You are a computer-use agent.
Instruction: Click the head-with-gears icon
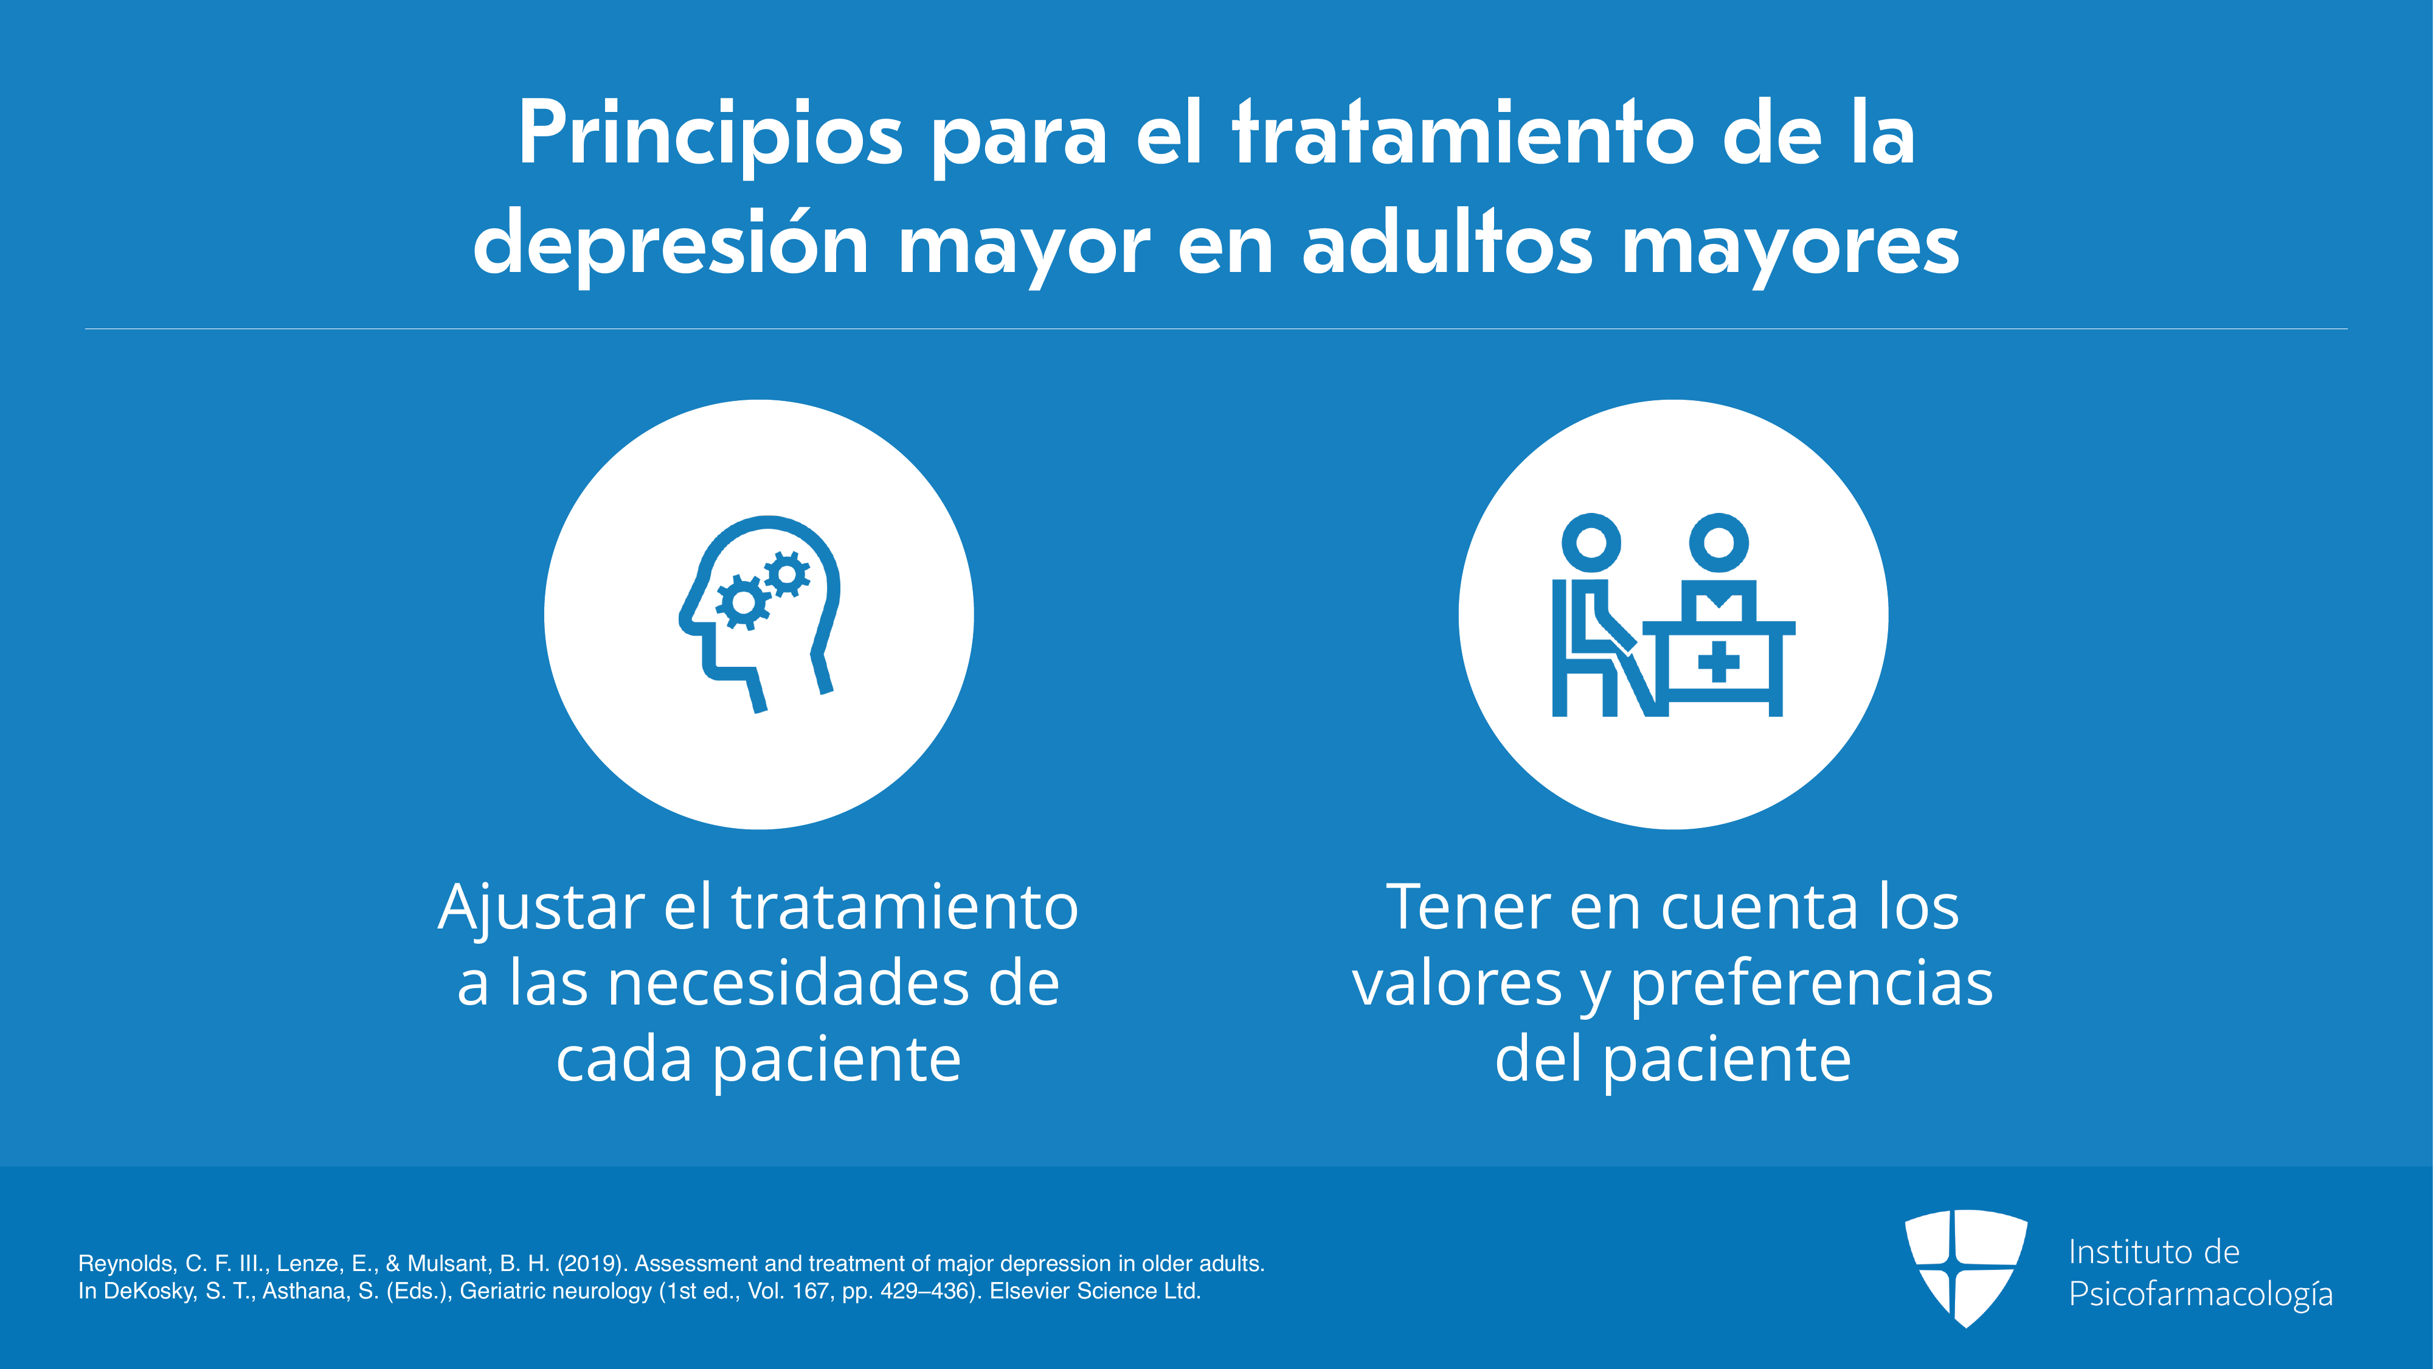click(x=760, y=613)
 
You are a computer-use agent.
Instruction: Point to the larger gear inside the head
click(x=742, y=602)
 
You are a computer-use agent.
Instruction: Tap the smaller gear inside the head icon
click(x=787, y=574)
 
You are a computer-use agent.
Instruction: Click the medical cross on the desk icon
click(x=1718, y=661)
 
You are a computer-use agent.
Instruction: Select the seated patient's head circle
click(x=1591, y=542)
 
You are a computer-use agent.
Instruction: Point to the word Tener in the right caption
click(x=1469, y=907)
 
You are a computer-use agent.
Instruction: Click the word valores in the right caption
click(x=1458, y=983)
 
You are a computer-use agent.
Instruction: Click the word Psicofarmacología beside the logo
click(x=2201, y=1294)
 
